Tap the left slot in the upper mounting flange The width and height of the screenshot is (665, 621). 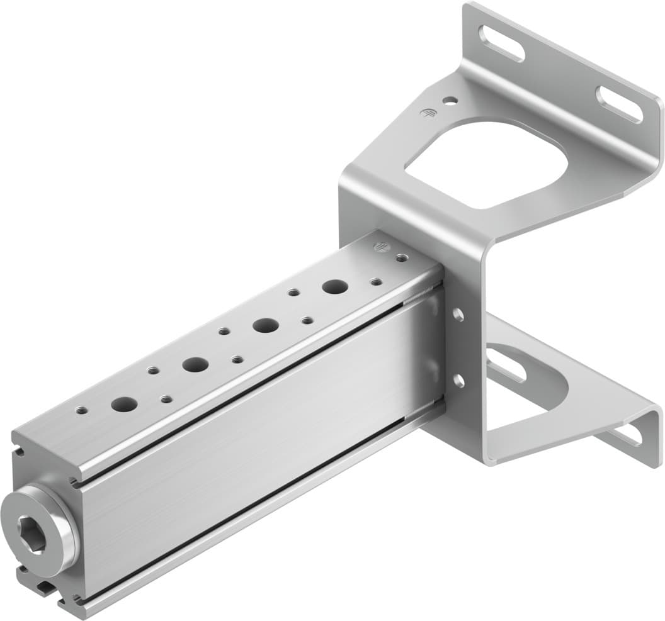click(502, 43)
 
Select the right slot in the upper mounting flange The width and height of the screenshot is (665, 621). click(619, 104)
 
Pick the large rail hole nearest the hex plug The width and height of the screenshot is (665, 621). click(124, 404)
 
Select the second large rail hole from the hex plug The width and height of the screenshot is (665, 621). click(195, 364)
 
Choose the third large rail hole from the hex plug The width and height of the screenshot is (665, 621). click(266, 325)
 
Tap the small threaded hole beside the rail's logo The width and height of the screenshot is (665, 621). click(399, 257)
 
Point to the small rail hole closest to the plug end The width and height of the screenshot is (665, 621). click(81, 410)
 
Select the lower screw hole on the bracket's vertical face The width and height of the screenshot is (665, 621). click(458, 379)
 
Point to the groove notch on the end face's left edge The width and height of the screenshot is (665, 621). click(16, 451)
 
